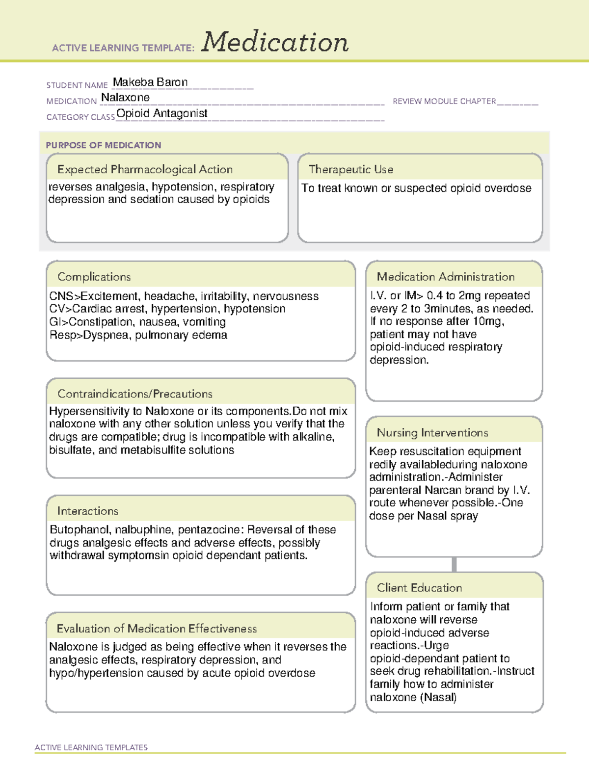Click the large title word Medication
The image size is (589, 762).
[275, 42]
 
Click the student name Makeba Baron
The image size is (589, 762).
[150, 82]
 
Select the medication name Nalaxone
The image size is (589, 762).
[125, 98]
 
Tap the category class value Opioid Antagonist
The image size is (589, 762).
[162, 114]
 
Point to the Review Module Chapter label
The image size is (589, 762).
[444, 101]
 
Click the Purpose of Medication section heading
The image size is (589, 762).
[104, 145]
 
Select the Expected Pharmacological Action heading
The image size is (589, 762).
[145, 169]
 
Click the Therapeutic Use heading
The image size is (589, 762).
[351, 169]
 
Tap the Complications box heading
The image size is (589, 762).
[94, 277]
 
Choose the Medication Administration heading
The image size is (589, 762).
[446, 277]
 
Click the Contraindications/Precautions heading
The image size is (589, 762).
[135, 394]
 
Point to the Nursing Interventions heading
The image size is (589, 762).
[432, 432]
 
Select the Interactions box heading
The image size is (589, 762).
[88, 511]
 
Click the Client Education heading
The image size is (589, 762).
[419, 587]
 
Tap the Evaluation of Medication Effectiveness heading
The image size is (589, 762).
[157, 629]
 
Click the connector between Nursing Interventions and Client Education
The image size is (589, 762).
[454, 564]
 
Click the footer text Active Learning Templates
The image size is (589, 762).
[91, 747]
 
